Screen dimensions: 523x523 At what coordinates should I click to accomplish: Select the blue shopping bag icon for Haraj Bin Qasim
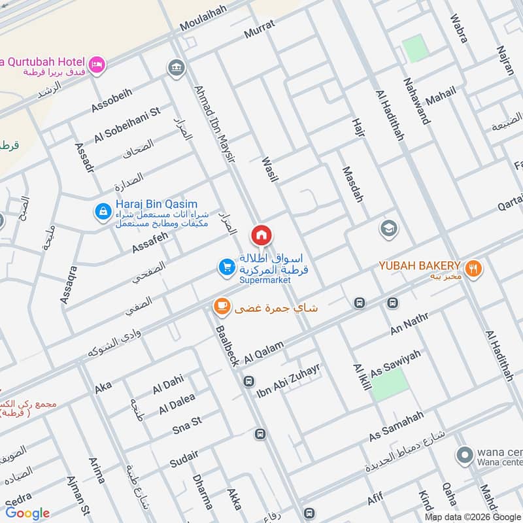(x=103, y=211)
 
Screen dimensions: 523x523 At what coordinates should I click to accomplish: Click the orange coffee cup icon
(x=222, y=306)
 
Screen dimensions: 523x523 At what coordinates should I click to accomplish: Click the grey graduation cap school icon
(x=388, y=229)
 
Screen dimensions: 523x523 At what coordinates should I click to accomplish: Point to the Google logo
(x=27, y=513)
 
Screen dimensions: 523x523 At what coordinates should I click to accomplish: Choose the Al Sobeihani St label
(x=127, y=125)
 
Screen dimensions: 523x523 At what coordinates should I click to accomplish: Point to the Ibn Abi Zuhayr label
(x=288, y=377)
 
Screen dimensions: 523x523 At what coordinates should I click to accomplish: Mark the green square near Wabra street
(x=414, y=48)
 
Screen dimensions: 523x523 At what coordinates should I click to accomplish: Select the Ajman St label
(x=76, y=496)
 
